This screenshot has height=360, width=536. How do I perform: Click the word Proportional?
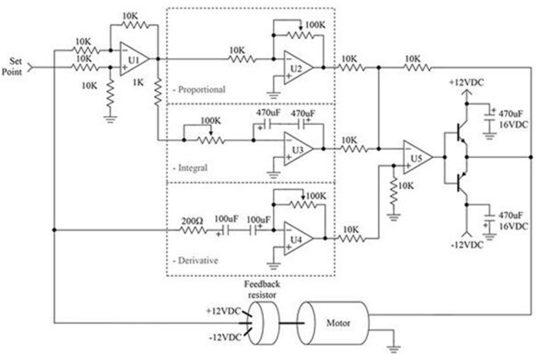pyautogui.click(x=202, y=89)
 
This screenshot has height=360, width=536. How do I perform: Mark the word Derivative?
pyautogui.click(x=197, y=260)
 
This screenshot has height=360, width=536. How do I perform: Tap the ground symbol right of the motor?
pyautogui.click(x=392, y=347)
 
